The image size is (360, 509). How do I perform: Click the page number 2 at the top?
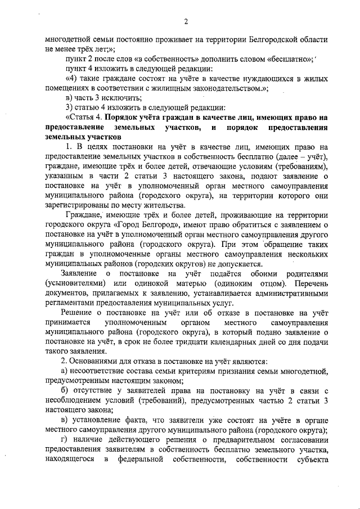click(x=185, y=22)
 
